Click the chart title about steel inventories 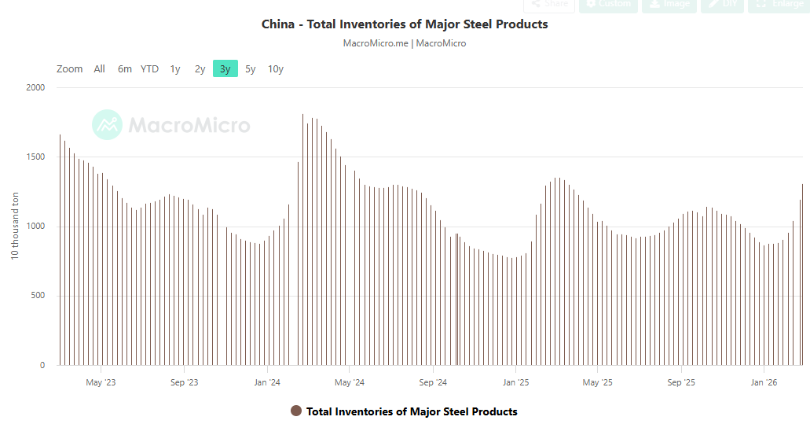pyautogui.click(x=405, y=24)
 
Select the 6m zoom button pyautogui.click(x=125, y=69)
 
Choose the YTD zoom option pyautogui.click(x=149, y=69)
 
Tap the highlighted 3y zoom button pyautogui.click(x=225, y=69)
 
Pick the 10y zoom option pyautogui.click(x=275, y=69)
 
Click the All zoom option pyautogui.click(x=99, y=69)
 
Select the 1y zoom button pyautogui.click(x=175, y=69)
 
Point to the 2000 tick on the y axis pyautogui.click(x=35, y=87)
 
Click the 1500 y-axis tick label pyautogui.click(x=35, y=157)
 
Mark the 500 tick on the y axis pyautogui.click(x=37, y=296)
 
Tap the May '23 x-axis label pyautogui.click(x=101, y=383)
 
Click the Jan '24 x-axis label pyautogui.click(x=267, y=383)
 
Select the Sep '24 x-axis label pyautogui.click(x=433, y=383)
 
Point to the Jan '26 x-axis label pyautogui.click(x=764, y=383)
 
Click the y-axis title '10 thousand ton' pyautogui.click(x=15, y=227)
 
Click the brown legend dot pyautogui.click(x=296, y=411)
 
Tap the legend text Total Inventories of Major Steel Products pyautogui.click(x=412, y=411)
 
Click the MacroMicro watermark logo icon pyautogui.click(x=107, y=124)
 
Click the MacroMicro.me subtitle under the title pyautogui.click(x=376, y=43)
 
